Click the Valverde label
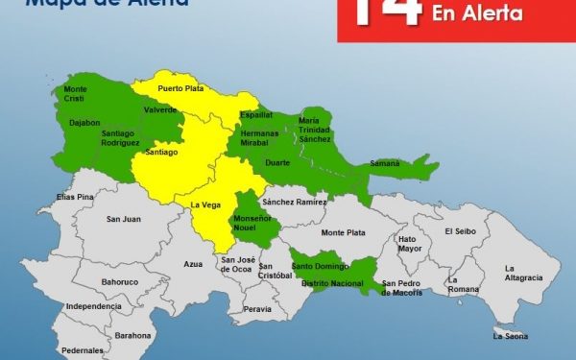click(x=160, y=112)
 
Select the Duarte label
click(x=276, y=163)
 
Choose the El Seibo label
click(x=460, y=231)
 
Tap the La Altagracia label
click(x=523, y=272)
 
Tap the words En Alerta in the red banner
click(x=478, y=14)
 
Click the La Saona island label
click(x=511, y=336)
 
